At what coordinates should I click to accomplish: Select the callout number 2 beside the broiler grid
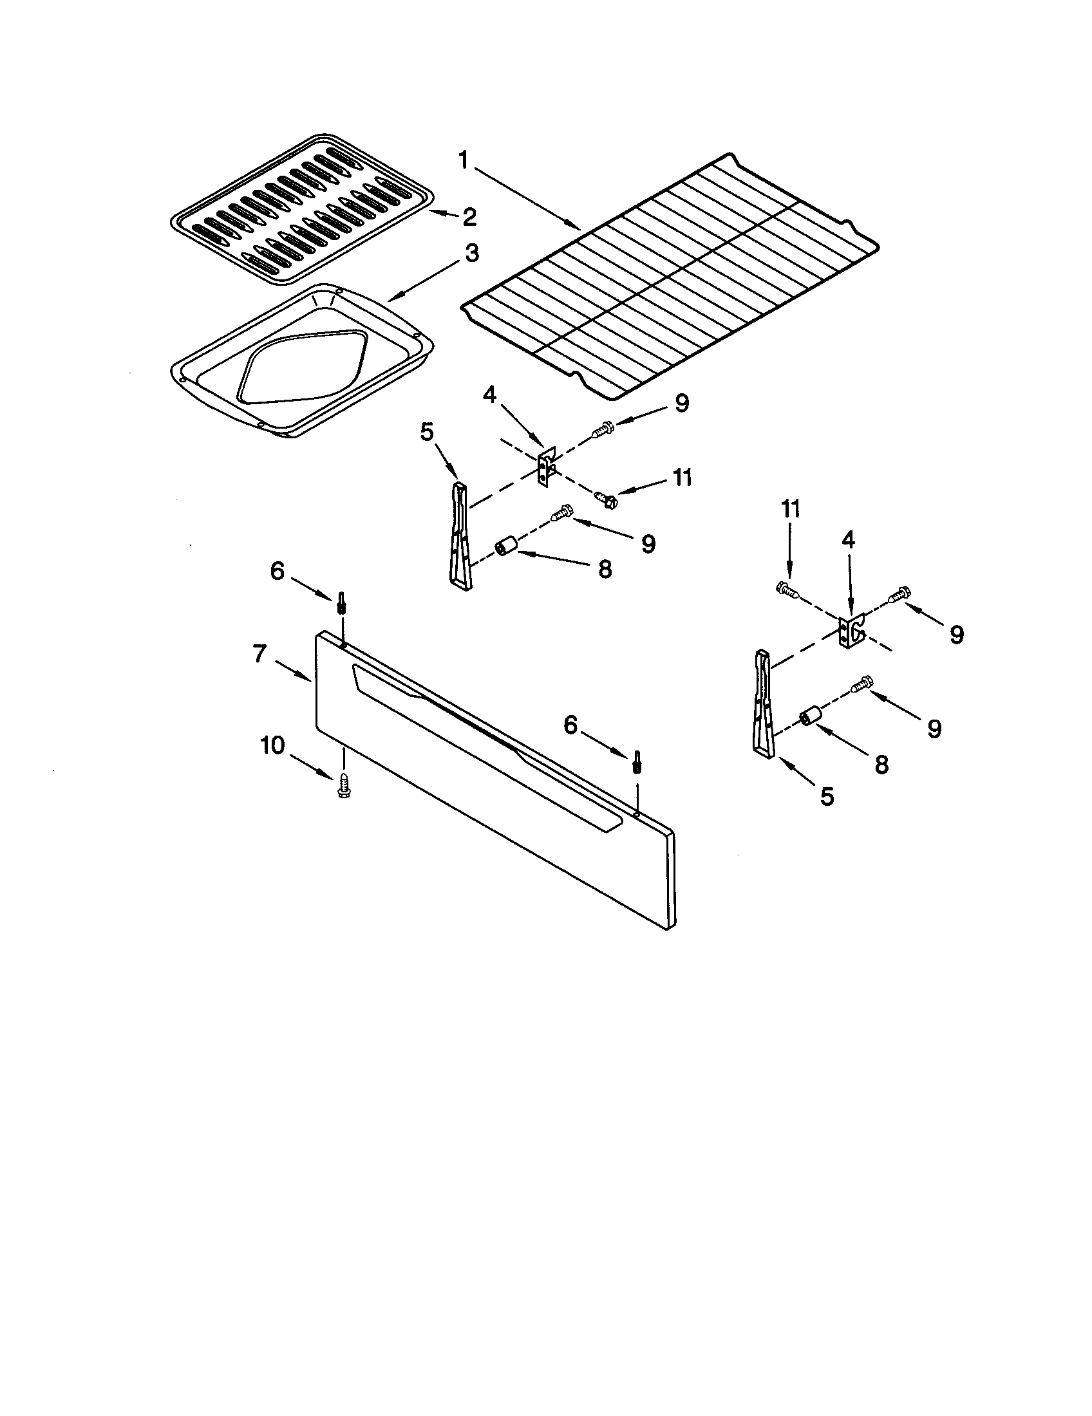tap(469, 216)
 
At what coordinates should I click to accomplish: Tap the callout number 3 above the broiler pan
tap(471, 254)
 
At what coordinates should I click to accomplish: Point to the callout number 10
tap(273, 746)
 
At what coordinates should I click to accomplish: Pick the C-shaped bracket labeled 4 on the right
tap(851, 630)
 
